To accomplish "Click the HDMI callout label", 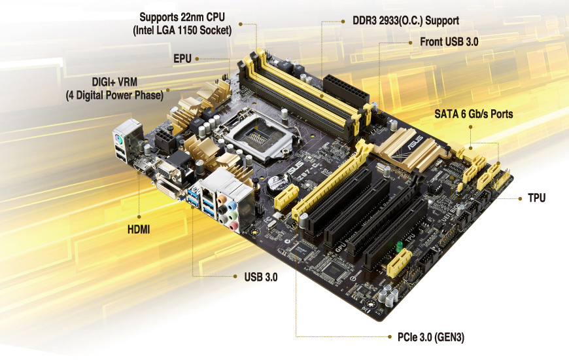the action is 139,230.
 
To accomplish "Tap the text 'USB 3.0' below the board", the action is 261,277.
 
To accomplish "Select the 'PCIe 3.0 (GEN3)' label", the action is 431,337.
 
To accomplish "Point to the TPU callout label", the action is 537,198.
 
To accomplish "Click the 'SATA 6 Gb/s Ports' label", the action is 474,114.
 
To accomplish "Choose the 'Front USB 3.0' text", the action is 449,42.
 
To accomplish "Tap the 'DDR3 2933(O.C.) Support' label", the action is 405,21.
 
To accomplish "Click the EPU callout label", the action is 182,58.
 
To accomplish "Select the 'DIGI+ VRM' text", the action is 114,82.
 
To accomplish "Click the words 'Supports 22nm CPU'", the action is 182,17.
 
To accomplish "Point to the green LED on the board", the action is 400,246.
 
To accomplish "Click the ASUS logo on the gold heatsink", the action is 415,142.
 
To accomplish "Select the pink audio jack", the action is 233,226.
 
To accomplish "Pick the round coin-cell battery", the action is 277,184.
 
